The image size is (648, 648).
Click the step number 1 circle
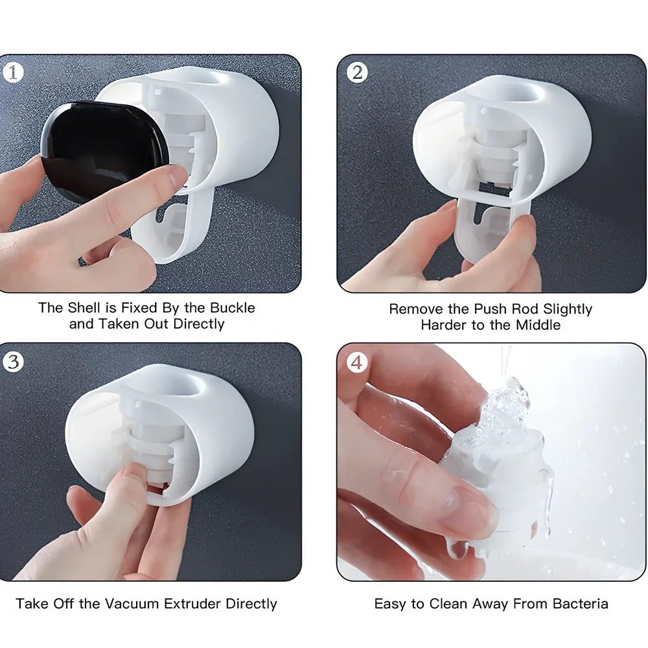click(x=13, y=73)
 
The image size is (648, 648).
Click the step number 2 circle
click(x=357, y=73)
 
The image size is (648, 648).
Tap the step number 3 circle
click(x=13, y=362)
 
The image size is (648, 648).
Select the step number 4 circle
click(x=357, y=362)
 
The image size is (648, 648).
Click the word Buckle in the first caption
click(x=231, y=308)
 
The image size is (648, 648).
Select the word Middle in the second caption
click(x=538, y=325)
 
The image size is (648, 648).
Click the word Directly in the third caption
click(x=251, y=604)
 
